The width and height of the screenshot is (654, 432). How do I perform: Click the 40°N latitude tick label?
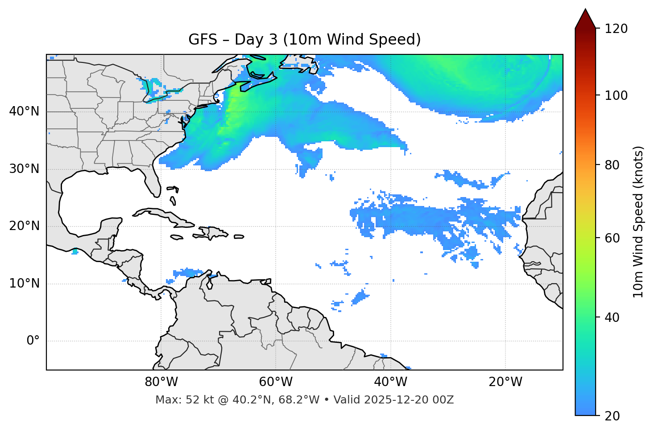coord(24,111)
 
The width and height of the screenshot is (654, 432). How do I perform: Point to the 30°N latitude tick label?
coord(24,169)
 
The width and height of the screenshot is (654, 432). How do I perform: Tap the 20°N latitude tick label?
coord(24,226)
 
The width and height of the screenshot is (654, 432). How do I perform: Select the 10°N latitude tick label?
coord(24,284)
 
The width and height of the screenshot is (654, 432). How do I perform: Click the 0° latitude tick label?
coord(33,341)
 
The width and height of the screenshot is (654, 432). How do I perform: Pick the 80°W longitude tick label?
coord(161,382)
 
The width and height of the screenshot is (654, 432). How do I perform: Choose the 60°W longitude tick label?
coord(276,382)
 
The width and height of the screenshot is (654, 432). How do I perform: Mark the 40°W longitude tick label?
coord(390,382)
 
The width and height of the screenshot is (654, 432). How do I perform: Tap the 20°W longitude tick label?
coord(505,382)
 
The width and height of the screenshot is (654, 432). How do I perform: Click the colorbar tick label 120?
coord(616,29)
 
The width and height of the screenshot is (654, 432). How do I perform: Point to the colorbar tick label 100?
coord(616,95)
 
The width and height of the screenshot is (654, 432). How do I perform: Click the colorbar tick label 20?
coord(613,416)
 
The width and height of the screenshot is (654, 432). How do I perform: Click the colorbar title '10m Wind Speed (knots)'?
coord(638,222)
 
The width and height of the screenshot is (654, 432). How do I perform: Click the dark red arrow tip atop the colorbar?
coord(585,18)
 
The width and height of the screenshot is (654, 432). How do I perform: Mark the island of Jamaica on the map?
coord(177,237)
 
